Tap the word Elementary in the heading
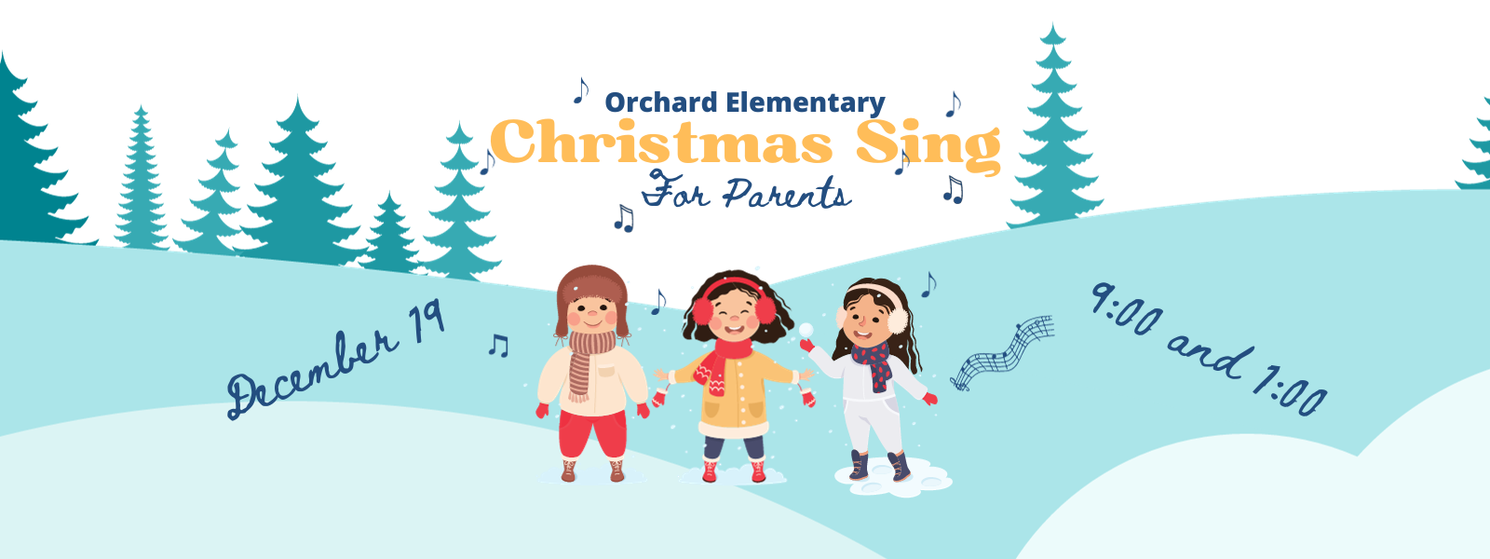tap(806, 102)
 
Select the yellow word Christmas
tap(661, 143)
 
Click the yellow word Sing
tap(928, 146)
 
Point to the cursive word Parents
tap(787, 194)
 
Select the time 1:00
tap(1291, 393)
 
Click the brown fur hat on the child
tap(591, 293)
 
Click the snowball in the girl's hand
tap(806, 330)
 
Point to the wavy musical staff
tap(1002, 352)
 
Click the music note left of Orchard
tap(581, 90)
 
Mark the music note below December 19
tap(498, 345)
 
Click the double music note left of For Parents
tap(623, 218)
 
